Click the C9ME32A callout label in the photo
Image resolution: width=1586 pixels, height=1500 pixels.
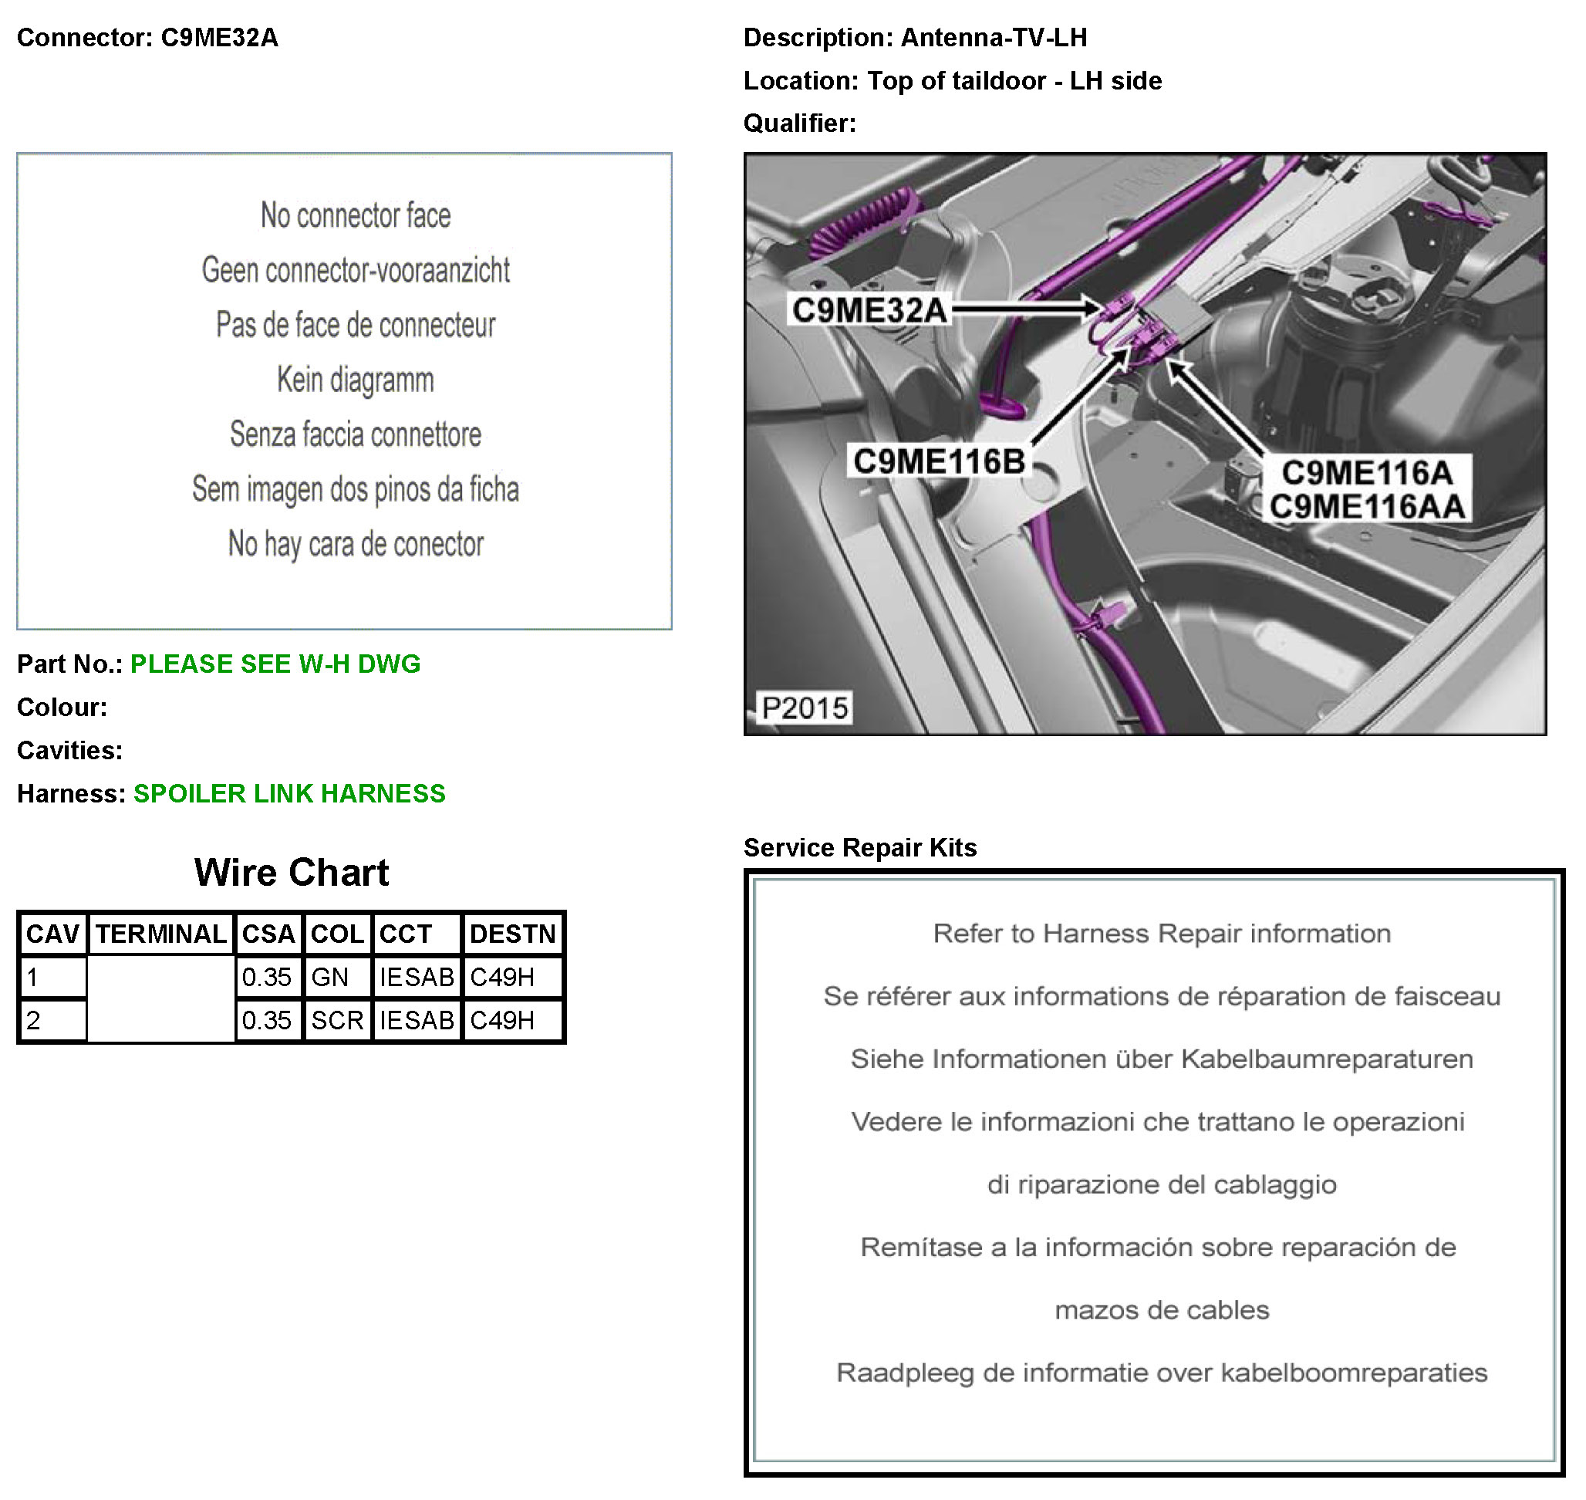(x=869, y=309)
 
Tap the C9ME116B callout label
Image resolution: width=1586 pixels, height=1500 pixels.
(x=940, y=461)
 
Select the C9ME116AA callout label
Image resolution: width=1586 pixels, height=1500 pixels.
(x=1367, y=506)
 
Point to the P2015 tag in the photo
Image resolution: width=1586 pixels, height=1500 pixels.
(x=805, y=708)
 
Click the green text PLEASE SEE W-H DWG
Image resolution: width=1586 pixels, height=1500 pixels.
(x=275, y=664)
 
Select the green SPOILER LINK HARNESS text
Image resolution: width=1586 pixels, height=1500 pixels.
(x=289, y=793)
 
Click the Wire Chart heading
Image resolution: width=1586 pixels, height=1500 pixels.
(x=291, y=872)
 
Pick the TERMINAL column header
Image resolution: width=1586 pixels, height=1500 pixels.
(x=161, y=934)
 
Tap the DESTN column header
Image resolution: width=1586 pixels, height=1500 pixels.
(x=512, y=934)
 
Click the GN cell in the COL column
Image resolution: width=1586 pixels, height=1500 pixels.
(x=329, y=977)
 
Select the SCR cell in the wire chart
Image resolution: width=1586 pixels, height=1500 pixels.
(x=337, y=1020)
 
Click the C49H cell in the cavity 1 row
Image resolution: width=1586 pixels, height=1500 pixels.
(x=502, y=977)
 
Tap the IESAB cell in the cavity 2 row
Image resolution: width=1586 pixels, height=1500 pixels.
(x=417, y=1020)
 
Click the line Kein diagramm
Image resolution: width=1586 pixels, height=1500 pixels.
(x=356, y=380)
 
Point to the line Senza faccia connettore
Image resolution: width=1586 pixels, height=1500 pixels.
(x=356, y=434)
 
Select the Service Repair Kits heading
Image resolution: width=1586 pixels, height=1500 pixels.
(x=860, y=847)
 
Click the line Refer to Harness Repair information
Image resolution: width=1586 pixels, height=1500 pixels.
(x=1162, y=933)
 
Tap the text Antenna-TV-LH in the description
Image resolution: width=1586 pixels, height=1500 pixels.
(x=994, y=38)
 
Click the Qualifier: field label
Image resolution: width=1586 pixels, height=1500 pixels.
(x=799, y=123)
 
